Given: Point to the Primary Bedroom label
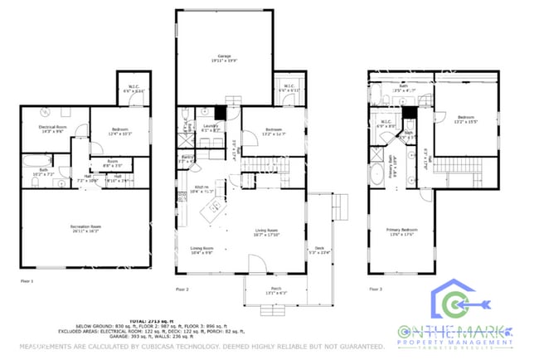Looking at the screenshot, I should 402,231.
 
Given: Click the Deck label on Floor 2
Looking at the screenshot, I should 318,247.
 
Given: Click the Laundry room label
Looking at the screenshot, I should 211,129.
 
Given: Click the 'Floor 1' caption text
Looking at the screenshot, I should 27,281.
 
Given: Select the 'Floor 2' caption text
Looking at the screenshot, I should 182,289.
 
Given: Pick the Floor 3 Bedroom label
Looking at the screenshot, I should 464,119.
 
